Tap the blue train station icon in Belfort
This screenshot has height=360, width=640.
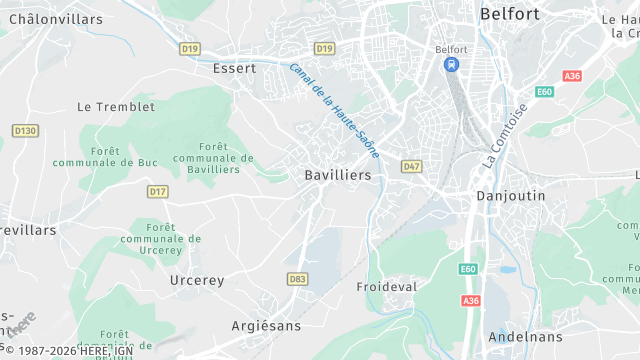pos(451,65)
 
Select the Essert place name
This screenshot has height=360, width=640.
pos(235,69)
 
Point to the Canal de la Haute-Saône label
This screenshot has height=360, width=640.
pos(334,111)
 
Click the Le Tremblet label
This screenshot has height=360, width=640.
pos(116,106)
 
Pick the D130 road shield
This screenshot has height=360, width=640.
pos(24,130)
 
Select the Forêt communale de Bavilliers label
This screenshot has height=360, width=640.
pos(213,158)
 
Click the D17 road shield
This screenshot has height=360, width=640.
pos(157,190)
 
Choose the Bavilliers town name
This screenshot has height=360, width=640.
pos(337,175)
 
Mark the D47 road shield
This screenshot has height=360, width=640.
pos(412,165)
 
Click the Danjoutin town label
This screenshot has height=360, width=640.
pos(511,196)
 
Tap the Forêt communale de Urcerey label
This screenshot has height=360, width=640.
pos(160,239)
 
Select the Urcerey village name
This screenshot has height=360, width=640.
pos(197,280)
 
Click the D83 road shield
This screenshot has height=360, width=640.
pos(296,279)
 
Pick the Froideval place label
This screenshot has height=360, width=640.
pos(386,286)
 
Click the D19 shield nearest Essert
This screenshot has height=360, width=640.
pos(190,48)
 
